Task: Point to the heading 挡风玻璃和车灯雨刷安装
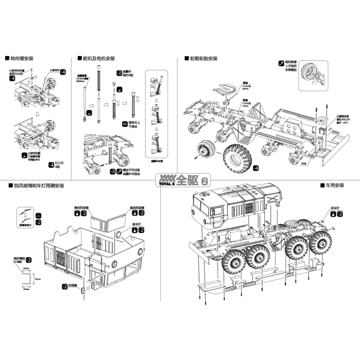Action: pyautogui.click(x=39, y=186)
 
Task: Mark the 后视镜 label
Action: pyautogui.click(x=72, y=286)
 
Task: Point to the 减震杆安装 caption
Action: pyautogui.click(x=157, y=161)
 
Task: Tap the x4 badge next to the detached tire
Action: pyautogui.click(x=255, y=168)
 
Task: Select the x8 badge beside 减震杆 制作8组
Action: pyautogui.click(x=119, y=73)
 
